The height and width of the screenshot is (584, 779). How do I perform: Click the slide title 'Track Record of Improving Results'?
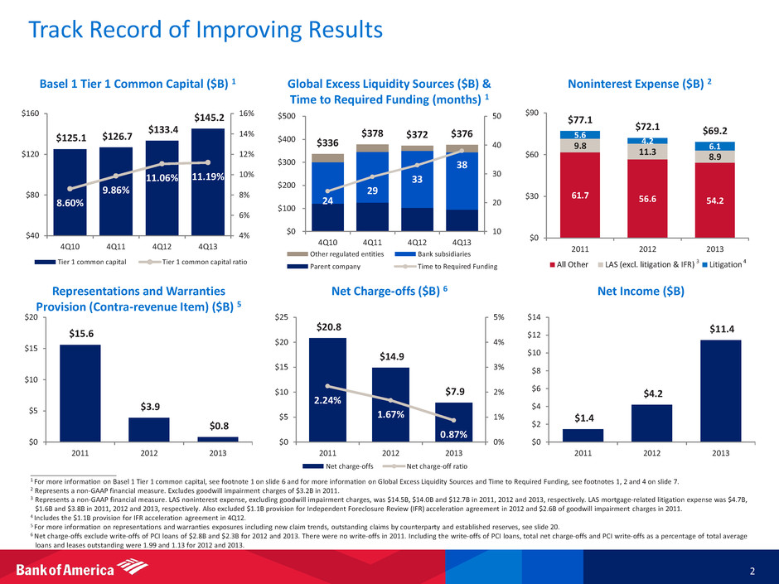tap(205, 31)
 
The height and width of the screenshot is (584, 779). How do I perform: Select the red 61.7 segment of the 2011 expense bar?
tap(579, 195)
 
